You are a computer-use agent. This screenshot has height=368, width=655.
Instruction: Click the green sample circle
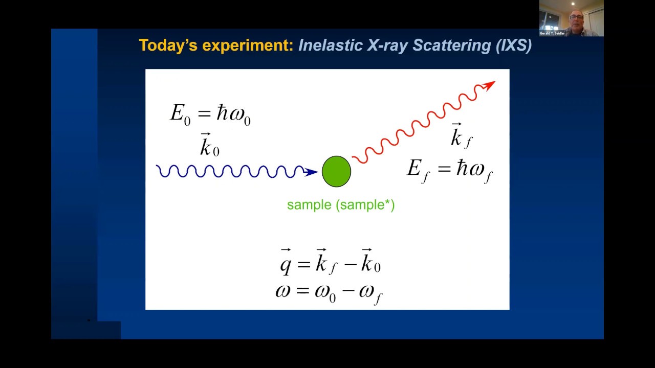pyautogui.click(x=336, y=172)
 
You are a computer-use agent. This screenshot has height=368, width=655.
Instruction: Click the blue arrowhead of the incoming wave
pyautogui.click(x=311, y=172)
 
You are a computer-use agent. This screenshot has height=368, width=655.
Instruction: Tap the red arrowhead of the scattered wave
pyautogui.click(x=490, y=85)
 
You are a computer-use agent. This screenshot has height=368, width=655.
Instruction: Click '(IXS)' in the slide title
pyautogui.click(x=513, y=45)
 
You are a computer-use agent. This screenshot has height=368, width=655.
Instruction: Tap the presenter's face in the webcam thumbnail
pyautogui.click(x=576, y=18)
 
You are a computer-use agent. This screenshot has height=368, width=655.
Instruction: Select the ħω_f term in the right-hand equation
pyautogui.click(x=474, y=169)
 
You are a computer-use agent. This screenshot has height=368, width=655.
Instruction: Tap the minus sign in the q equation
pyautogui.click(x=349, y=264)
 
